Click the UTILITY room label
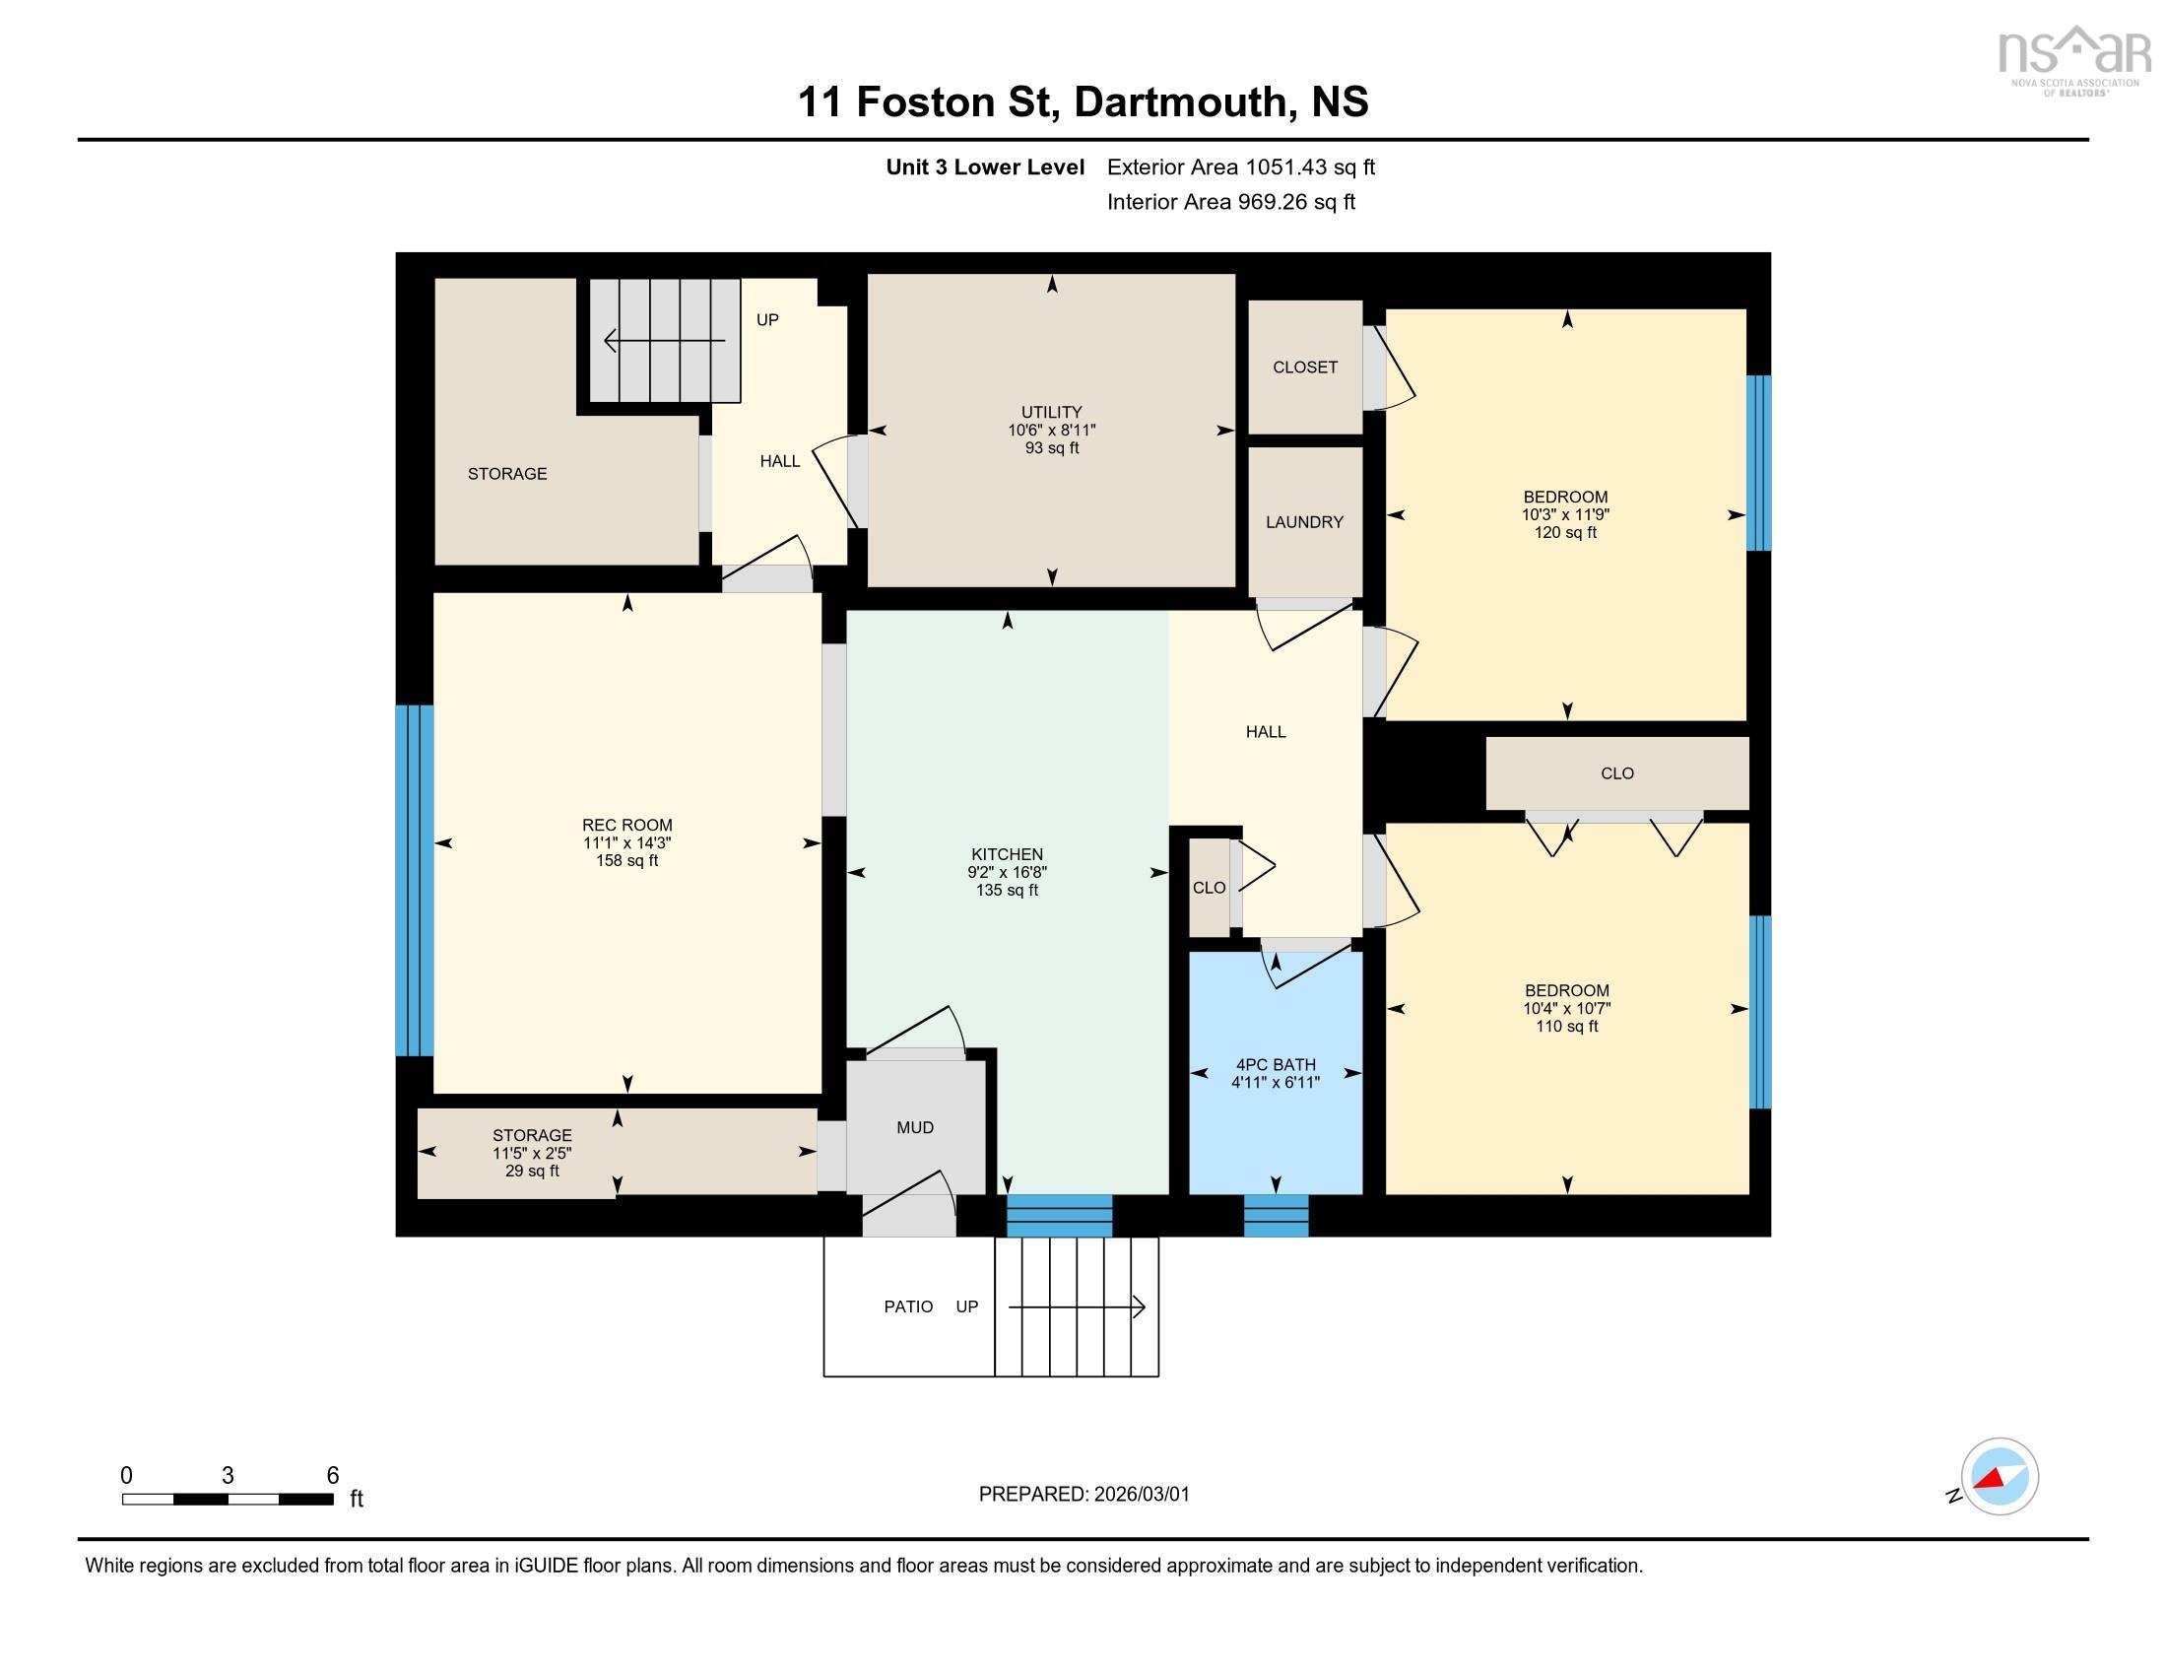(1051, 412)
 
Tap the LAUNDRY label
(1304, 522)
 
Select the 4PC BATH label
(1275, 1065)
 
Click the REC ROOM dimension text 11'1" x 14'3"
(626, 842)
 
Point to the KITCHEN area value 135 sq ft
(1006, 890)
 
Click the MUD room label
(914, 1127)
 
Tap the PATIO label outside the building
(908, 1306)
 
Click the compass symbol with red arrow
(1999, 1476)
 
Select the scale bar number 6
(332, 1475)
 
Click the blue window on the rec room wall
(414, 879)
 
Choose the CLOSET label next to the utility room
(1304, 368)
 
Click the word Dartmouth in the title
(1179, 102)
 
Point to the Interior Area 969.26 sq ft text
(1230, 202)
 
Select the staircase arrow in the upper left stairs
(664, 341)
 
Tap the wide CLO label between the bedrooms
(1616, 773)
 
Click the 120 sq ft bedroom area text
(1565, 533)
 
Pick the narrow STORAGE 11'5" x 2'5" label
(532, 1153)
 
